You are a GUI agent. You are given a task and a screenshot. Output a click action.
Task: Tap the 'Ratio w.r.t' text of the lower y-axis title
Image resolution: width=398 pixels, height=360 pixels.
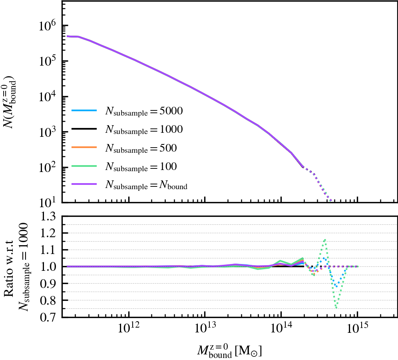click(x=9, y=267)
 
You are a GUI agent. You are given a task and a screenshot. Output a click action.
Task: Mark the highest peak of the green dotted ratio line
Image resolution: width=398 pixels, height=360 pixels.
click(x=325, y=240)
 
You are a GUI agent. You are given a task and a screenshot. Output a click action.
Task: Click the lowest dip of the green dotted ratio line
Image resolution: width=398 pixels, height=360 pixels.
click(x=337, y=308)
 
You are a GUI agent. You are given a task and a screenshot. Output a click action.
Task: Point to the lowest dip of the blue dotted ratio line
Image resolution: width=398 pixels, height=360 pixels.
click(x=338, y=286)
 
